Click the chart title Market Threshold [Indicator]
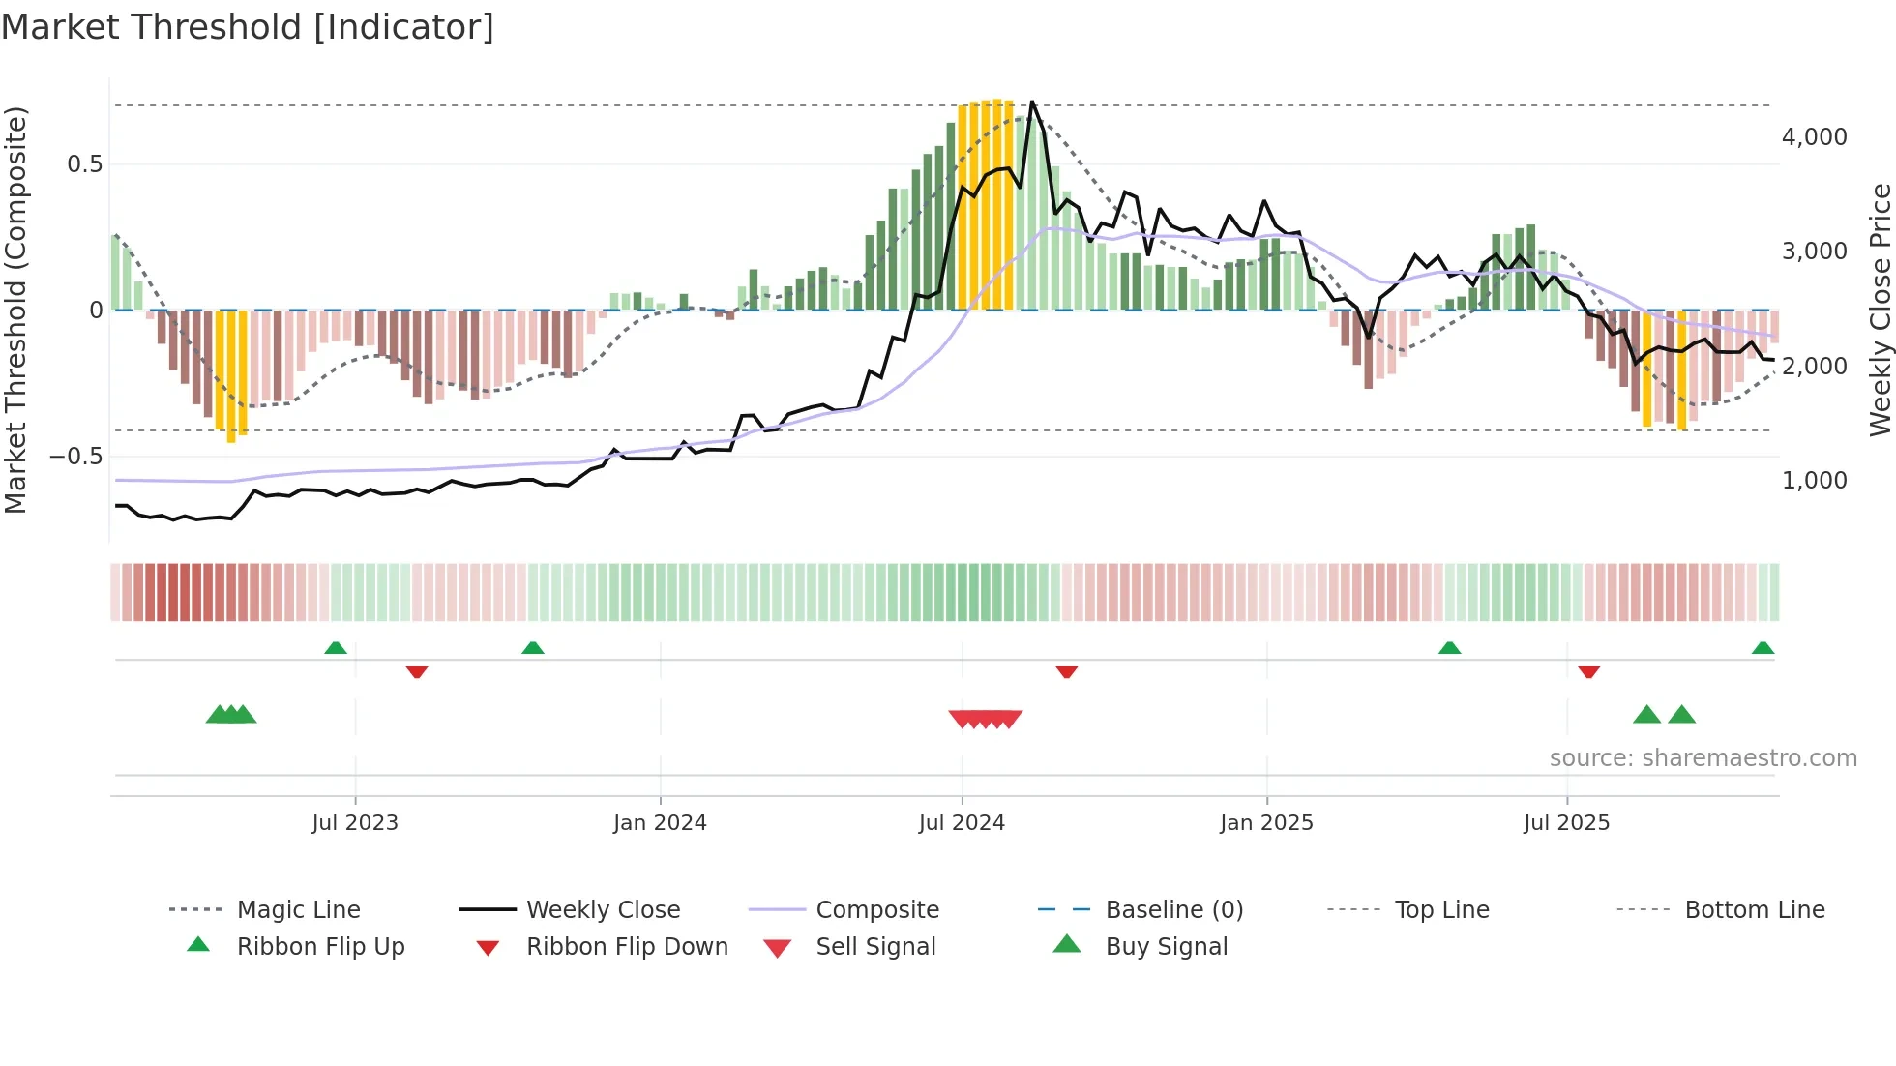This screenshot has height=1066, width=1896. tap(248, 27)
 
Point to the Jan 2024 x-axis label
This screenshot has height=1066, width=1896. tap(660, 823)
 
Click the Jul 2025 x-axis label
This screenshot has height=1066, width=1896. tap(1566, 823)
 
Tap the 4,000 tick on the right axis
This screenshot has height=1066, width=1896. tap(1814, 137)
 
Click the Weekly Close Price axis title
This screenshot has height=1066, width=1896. tap(1880, 310)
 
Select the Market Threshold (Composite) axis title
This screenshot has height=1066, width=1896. tap(15, 310)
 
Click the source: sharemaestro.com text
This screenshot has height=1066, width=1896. tap(1703, 758)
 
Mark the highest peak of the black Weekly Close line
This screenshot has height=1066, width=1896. tap(1032, 102)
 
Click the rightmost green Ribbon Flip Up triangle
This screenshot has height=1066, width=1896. tap(1763, 648)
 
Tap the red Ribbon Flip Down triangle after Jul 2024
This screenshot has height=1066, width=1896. tap(1066, 671)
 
